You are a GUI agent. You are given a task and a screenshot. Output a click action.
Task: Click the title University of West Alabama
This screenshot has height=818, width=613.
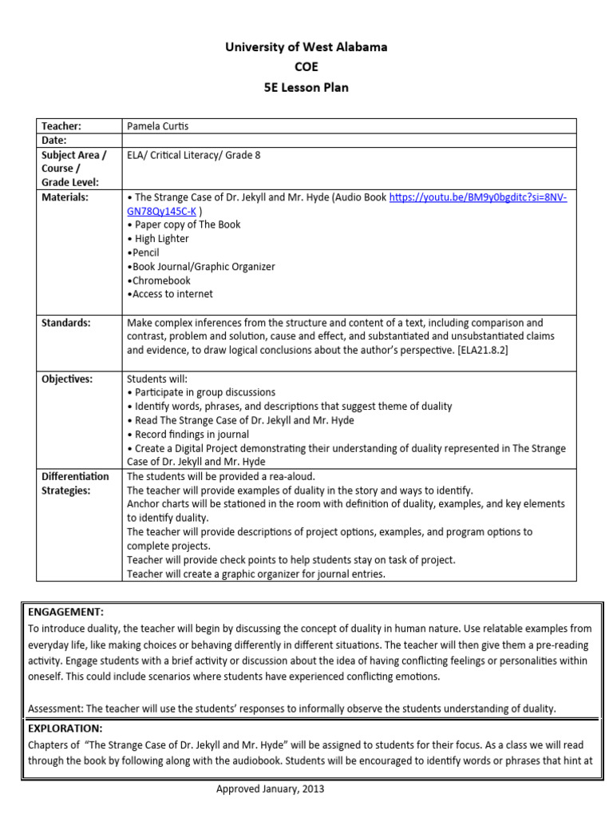(306, 47)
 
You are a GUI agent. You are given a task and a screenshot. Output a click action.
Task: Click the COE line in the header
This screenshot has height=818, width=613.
(306, 67)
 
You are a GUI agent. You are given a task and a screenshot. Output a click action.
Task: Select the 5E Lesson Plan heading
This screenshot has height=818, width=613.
(306, 88)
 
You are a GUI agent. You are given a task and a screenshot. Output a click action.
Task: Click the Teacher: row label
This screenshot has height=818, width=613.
(62, 126)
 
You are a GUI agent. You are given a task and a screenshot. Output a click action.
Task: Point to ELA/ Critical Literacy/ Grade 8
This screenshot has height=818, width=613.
(194, 155)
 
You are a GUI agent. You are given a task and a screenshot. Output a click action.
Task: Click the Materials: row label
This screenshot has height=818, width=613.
(65, 197)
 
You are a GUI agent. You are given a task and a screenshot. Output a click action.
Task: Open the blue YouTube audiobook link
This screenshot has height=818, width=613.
(477, 197)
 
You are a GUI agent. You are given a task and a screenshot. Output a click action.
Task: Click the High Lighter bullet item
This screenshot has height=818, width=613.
(158, 238)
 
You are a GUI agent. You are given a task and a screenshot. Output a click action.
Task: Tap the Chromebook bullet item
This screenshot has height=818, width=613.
(159, 280)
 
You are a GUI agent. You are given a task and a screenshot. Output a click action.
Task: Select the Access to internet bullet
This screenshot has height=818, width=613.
(170, 294)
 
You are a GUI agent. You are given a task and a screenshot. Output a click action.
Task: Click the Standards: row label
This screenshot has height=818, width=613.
(66, 323)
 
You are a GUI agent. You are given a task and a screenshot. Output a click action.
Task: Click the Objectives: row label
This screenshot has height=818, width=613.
(67, 379)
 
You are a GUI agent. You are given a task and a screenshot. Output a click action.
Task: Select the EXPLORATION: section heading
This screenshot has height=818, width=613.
(65, 729)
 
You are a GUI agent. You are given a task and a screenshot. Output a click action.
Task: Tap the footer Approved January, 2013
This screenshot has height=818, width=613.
(271, 789)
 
